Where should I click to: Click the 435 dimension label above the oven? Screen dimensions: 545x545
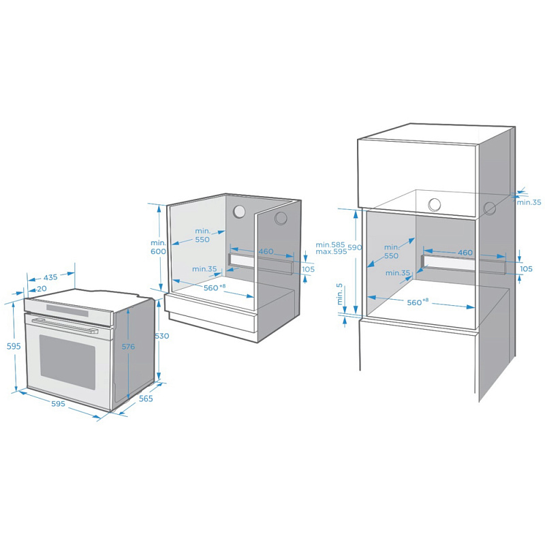point(50,277)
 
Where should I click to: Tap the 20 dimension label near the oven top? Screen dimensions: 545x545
point(42,289)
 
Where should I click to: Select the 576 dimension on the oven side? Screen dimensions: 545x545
point(128,347)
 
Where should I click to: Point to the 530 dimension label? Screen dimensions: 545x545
point(162,336)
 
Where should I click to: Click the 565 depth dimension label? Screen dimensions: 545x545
point(146,399)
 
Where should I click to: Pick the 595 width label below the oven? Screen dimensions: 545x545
point(58,403)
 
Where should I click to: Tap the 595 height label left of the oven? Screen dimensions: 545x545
point(14,346)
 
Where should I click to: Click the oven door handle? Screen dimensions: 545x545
point(65,326)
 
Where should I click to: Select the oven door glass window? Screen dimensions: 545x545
point(67,362)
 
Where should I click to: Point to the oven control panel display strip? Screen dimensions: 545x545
point(67,310)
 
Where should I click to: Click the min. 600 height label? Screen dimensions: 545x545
point(158,247)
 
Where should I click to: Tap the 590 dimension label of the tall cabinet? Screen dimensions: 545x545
point(355,247)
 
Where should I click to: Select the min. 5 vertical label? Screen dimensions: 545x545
point(339,294)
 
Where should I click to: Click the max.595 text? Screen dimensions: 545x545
point(331,251)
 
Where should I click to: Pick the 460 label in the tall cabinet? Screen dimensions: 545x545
point(465,253)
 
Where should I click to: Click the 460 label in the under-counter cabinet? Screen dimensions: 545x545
point(266,251)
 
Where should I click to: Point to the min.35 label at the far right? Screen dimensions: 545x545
point(529,202)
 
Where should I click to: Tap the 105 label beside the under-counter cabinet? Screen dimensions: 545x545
point(308,269)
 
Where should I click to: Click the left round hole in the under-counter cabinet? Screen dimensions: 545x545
point(239,211)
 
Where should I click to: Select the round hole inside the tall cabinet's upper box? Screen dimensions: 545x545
point(435,205)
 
